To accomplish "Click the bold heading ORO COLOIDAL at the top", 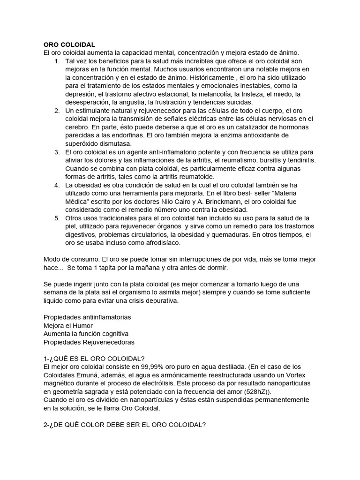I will pos(69,45).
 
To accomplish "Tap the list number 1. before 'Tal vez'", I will pos(57,62).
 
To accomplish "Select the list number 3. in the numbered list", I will pos(57,152).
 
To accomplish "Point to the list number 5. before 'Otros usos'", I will pos(57,218).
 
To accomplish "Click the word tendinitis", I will pos(299,160).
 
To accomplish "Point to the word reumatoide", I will pos(195,177).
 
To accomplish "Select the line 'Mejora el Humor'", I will pos(68,325).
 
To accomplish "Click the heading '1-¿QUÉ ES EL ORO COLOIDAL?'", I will pos(94,359).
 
